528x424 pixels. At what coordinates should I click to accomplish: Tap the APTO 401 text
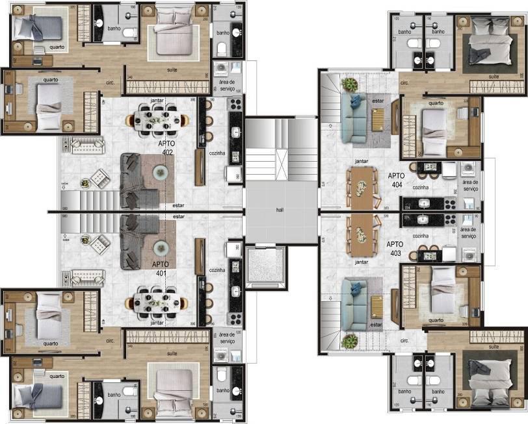point(160,268)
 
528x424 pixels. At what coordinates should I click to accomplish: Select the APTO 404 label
point(396,180)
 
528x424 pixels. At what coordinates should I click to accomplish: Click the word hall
point(280,210)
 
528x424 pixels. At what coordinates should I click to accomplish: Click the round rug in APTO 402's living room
point(160,171)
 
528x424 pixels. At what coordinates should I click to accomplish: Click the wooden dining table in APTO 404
point(361,188)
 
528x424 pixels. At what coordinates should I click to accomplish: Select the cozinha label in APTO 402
point(217,149)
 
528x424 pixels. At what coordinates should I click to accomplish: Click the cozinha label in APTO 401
point(217,269)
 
